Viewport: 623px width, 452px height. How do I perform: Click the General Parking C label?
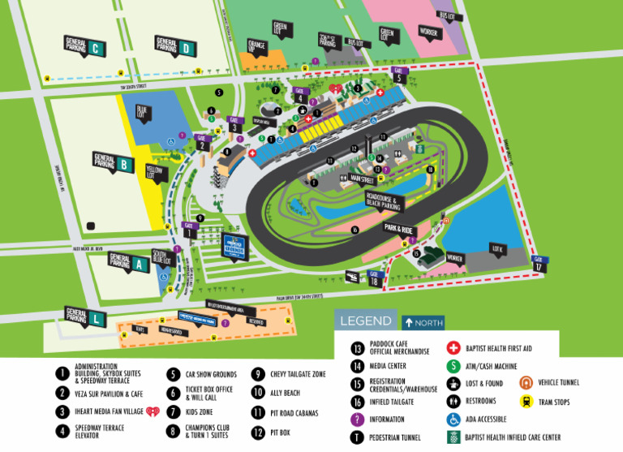85,46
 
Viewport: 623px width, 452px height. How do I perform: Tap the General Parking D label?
176,46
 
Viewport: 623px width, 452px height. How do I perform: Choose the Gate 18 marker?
374,277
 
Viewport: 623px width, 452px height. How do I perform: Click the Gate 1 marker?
189,230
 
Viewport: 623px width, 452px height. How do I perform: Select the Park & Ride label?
399,230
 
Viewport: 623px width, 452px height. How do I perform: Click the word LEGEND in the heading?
365,321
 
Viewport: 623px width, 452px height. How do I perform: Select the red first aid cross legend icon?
453,348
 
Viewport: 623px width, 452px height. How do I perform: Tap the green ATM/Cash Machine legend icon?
453,366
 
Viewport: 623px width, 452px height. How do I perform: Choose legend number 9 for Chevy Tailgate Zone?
256,375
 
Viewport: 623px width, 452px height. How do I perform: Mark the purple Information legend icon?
356,420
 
